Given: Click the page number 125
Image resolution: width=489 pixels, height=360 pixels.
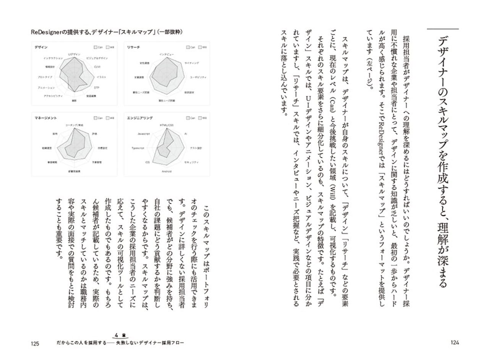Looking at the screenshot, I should [35, 343].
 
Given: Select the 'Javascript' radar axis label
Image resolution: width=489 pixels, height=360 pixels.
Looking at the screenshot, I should [143, 134].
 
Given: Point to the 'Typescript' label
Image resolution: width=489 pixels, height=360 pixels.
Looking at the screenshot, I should [138, 148].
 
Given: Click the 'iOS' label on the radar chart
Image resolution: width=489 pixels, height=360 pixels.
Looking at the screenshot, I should [147, 162].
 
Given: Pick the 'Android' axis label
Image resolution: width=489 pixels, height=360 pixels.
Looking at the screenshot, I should [166, 172].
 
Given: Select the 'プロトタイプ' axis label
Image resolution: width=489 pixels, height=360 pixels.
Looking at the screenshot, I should [45, 77].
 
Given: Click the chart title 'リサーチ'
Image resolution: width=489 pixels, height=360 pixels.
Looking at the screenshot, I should [134, 47].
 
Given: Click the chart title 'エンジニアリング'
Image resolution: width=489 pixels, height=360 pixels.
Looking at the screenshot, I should [140, 118].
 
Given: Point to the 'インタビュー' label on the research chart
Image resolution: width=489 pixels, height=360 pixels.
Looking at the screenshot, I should [167, 54].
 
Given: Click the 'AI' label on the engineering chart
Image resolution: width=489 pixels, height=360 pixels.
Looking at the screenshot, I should [186, 134].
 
